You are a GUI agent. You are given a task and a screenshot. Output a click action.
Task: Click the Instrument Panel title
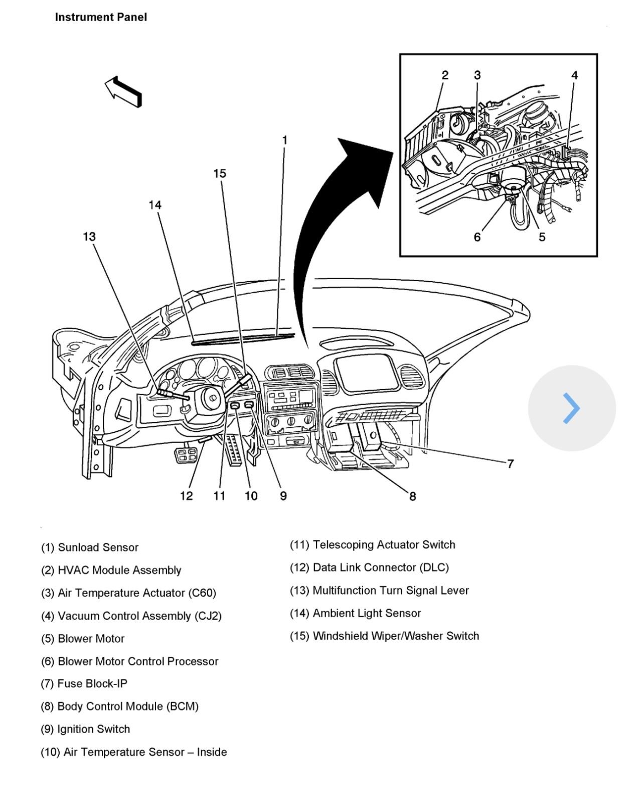101,17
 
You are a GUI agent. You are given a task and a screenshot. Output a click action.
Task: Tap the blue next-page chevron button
571,408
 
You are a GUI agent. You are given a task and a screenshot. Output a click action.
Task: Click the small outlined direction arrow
123,91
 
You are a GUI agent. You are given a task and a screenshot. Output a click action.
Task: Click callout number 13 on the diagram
89,237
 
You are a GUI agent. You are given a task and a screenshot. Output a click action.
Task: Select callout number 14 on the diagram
155,205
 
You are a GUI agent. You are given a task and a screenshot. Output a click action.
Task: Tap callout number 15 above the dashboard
220,174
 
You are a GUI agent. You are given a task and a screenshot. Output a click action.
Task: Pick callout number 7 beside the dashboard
510,464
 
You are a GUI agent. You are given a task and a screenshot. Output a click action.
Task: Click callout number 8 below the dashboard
412,497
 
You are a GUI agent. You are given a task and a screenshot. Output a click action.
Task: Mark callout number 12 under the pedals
187,496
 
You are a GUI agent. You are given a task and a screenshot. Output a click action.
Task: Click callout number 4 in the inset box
574,75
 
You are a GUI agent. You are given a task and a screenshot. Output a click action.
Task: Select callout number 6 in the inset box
477,237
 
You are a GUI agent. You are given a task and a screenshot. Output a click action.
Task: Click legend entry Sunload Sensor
89,547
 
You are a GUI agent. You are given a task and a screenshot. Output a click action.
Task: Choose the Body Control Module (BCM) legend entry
119,706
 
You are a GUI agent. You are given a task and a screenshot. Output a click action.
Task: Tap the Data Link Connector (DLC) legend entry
369,567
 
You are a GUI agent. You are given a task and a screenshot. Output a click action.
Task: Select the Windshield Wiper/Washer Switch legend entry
384,636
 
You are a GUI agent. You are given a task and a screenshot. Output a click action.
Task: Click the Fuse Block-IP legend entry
84,683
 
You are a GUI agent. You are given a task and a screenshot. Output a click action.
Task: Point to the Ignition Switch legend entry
85,729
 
